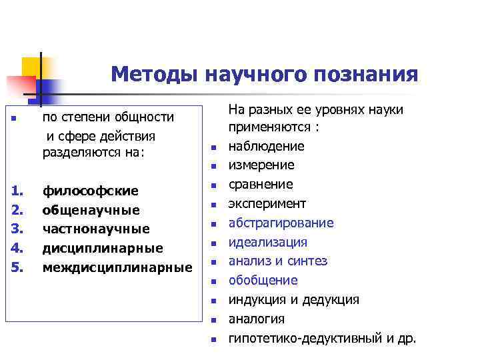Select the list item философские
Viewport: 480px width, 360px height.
tap(91, 191)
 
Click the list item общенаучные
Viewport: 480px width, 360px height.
tap(91, 210)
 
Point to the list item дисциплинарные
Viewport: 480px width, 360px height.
tap(103, 249)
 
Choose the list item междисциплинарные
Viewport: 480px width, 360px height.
tap(117, 267)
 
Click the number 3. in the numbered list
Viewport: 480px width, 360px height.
tap(18, 229)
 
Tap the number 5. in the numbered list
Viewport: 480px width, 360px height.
tap(18, 267)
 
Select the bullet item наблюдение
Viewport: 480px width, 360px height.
tap(266, 146)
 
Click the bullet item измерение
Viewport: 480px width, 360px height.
tap(261, 165)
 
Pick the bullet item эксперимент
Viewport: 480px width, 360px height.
tap(267, 203)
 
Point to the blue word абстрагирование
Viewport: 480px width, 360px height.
tap(281, 223)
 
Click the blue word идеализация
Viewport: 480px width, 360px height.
tap(268, 242)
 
